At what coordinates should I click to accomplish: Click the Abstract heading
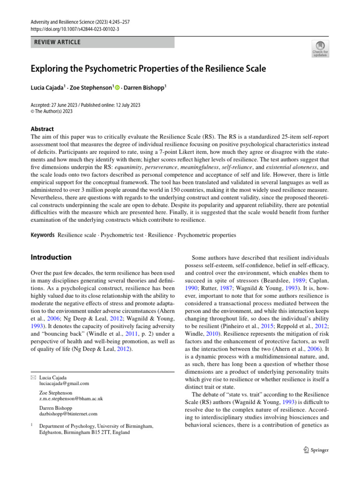click(x=42, y=129)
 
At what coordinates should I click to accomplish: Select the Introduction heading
click(x=51, y=257)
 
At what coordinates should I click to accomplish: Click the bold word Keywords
click(x=43, y=234)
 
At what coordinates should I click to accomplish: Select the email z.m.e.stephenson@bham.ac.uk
click(x=71, y=398)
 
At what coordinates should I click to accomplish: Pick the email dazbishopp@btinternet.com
click(x=68, y=414)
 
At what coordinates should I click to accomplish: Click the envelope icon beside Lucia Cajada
click(x=32, y=377)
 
